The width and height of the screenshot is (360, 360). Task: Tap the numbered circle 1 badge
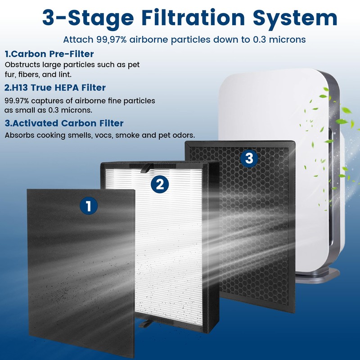click(89, 207)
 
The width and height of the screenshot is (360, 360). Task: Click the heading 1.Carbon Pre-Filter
click(49, 54)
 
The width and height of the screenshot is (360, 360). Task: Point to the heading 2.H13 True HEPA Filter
click(55, 87)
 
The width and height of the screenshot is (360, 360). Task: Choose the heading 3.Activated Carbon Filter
click(64, 123)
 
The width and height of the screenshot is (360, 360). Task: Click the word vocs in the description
click(104, 135)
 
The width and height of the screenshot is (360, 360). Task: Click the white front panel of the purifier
click(279, 103)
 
